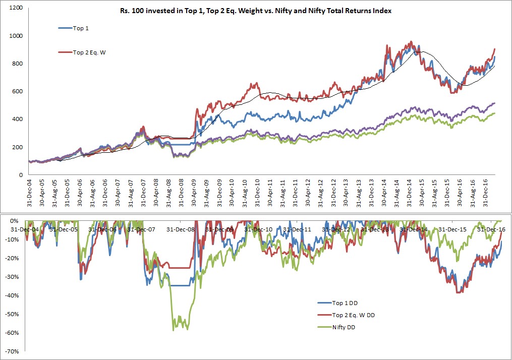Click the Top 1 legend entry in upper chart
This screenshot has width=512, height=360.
tap(81, 29)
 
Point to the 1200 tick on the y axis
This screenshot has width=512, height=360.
tap(17, 8)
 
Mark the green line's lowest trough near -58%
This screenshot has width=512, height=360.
tap(174, 330)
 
